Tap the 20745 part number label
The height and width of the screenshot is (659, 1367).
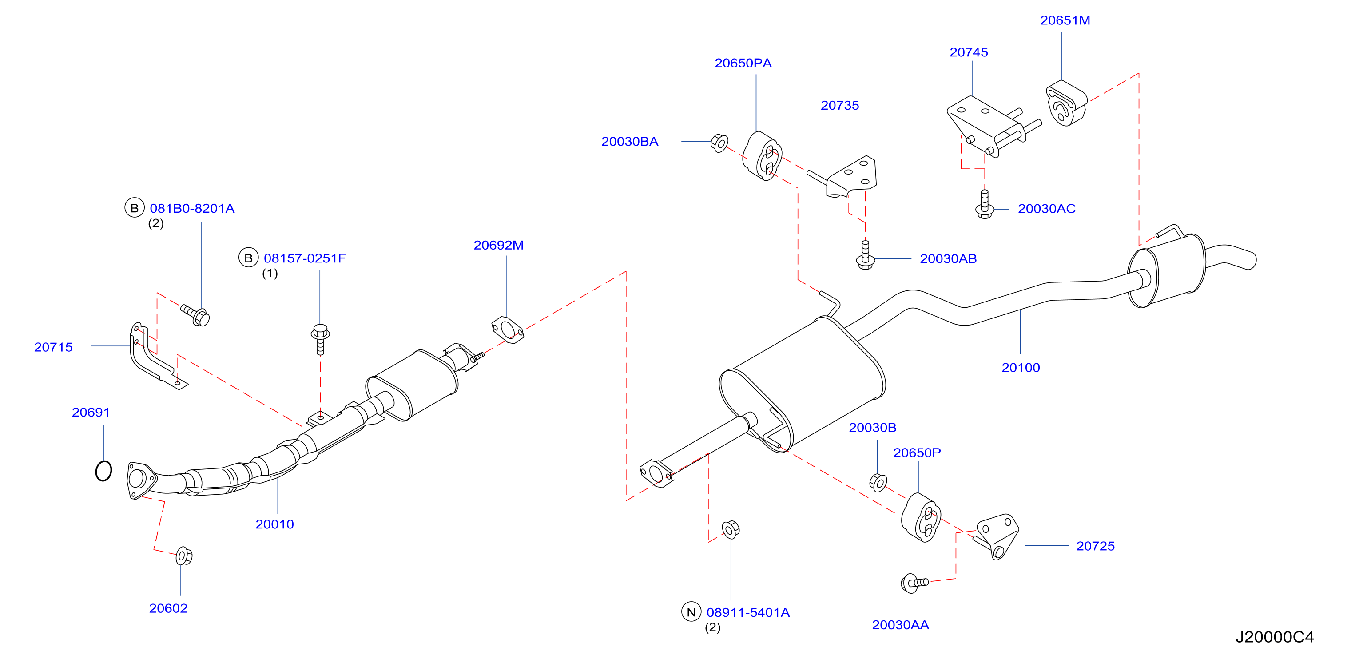[x=969, y=52]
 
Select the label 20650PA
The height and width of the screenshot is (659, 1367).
[x=743, y=63]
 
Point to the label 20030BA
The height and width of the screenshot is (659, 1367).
[x=629, y=142]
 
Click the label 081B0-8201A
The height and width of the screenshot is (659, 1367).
[x=192, y=209]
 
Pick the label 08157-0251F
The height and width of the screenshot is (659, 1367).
[x=305, y=258]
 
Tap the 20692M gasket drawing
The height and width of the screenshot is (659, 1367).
[x=508, y=329]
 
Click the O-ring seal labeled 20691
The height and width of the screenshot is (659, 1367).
[x=103, y=471]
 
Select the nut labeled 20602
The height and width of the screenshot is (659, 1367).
[x=183, y=556]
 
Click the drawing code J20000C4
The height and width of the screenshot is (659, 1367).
[x=1275, y=637]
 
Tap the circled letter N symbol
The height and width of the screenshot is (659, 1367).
[x=691, y=612]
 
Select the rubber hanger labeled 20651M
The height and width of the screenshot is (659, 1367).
[x=1066, y=103]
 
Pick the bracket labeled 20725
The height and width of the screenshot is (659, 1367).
[x=996, y=536]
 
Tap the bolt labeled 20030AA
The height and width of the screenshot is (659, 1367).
[x=914, y=583]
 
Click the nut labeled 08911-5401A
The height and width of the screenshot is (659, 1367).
[x=731, y=529]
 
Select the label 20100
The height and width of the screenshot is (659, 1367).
[x=1021, y=368]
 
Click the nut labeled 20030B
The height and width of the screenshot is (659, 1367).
[x=878, y=482]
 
